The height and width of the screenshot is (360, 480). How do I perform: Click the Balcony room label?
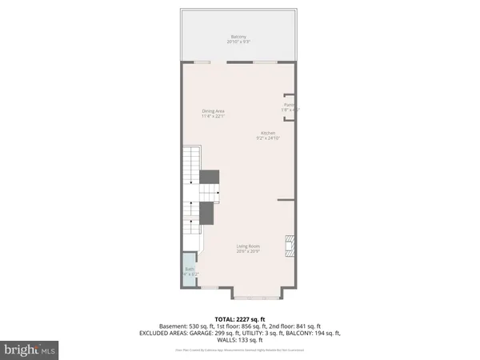tap(238, 37)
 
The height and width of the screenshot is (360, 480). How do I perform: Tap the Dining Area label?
tap(214, 112)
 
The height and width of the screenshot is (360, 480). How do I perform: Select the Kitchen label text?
tap(267, 132)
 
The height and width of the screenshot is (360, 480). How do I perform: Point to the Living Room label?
tap(247, 246)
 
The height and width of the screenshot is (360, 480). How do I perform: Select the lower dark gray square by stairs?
tap(206, 213)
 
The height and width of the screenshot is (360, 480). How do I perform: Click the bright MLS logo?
tap(30, 349)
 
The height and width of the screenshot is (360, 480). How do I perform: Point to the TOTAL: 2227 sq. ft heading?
tap(239, 318)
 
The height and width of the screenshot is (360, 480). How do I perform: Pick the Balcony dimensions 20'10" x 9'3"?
tap(238, 42)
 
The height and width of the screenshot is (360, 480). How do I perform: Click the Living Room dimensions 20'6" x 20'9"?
tap(247, 251)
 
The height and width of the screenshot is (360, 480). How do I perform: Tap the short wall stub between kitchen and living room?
tap(286, 198)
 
